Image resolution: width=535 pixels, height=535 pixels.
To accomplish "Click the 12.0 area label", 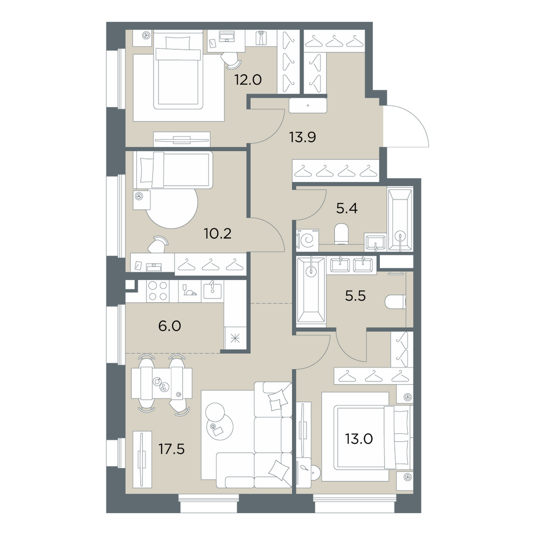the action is pos(248,80).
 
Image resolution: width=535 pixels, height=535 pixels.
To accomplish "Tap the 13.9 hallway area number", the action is pos(302,137).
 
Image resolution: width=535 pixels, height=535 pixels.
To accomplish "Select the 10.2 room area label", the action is pos(218,234).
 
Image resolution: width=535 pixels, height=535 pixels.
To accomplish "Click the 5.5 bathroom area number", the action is pos(355,296).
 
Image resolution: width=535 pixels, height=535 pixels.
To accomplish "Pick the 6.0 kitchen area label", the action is pos(170,326).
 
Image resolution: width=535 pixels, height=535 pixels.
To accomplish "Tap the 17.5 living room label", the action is pos(172,449).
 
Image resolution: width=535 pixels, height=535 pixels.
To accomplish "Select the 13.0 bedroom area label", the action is pos(358,439).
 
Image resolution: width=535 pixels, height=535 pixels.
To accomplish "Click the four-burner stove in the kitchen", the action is pos(158,291).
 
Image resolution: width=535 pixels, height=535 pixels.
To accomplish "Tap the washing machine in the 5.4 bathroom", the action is pos(308,241).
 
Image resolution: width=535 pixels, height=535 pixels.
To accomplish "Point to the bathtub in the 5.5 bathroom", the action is pos(311,290).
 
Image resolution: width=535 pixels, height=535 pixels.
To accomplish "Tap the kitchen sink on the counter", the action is pos(212,291).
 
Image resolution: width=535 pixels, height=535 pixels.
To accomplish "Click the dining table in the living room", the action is pos(162,383).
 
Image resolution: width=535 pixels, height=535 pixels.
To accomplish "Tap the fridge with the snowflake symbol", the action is pos(235,339).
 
